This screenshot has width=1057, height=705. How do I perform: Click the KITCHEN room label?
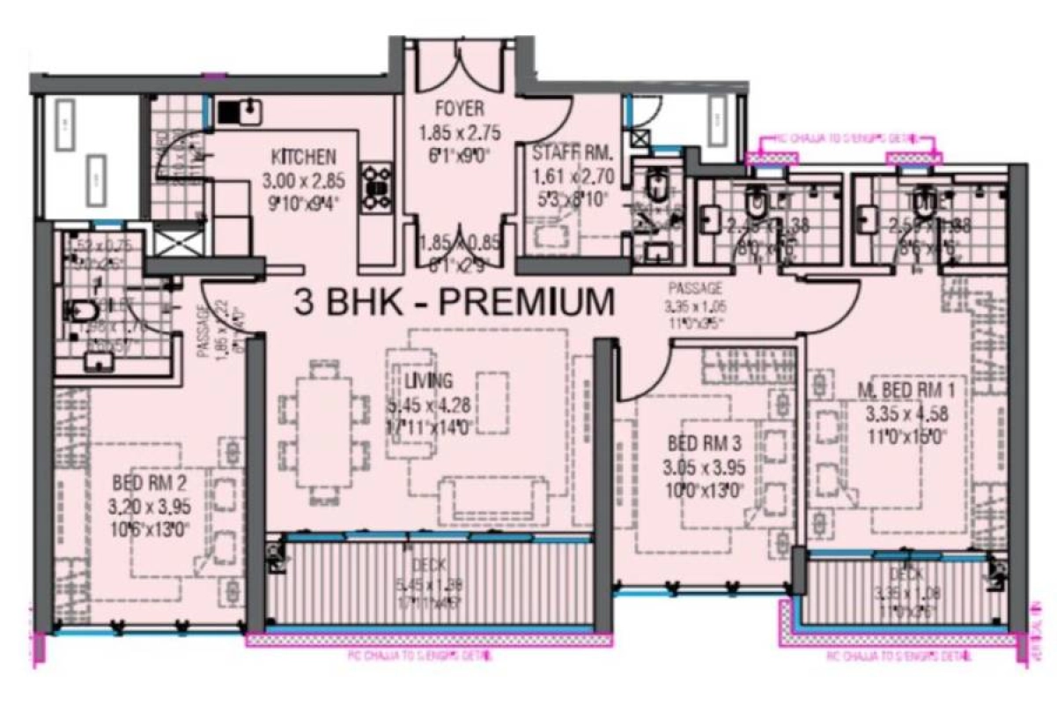click(303, 158)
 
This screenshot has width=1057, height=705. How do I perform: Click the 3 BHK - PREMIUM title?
click(455, 302)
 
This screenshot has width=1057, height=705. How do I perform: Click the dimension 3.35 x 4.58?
click(906, 414)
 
